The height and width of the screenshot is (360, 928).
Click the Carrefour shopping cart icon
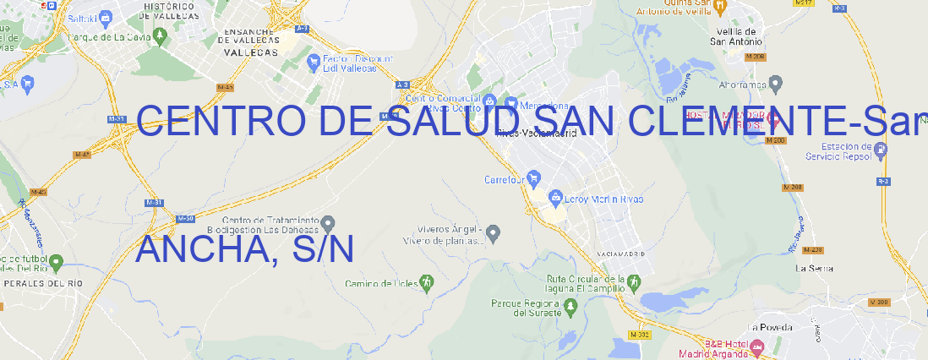[x=535, y=179]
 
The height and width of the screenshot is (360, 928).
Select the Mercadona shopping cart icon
[x=511, y=104]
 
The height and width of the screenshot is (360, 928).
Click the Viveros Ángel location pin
[x=495, y=232]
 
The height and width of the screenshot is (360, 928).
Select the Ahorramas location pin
[x=777, y=84]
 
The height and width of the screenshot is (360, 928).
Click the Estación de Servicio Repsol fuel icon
[x=882, y=150]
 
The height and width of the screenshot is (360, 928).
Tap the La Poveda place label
[x=770, y=327]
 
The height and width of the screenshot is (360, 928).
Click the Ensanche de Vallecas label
[x=250, y=40]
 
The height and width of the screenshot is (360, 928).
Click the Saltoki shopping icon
[x=106, y=16]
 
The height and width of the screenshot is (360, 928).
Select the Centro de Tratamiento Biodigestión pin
[x=328, y=223]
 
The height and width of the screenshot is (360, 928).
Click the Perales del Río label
[x=43, y=283]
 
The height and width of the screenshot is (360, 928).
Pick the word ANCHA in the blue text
[x=199, y=248]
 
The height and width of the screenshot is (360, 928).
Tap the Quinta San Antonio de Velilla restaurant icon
[x=719, y=7]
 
